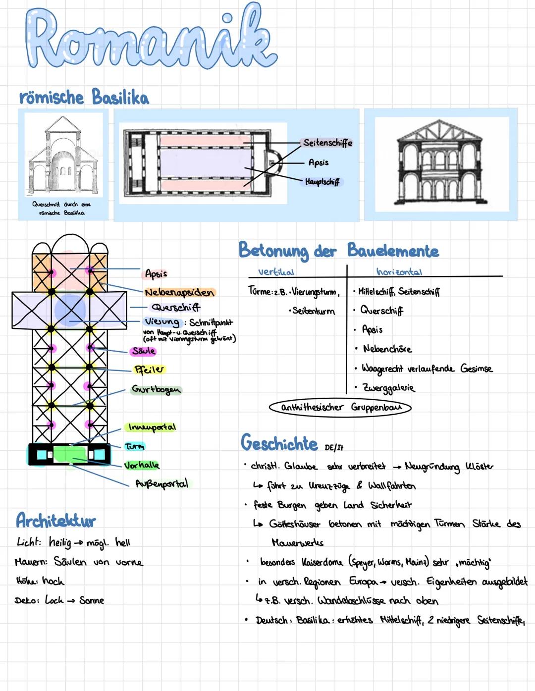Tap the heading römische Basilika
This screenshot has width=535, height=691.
click(84, 97)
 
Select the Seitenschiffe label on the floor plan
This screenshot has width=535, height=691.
click(327, 143)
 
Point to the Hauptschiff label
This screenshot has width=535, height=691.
click(322, 182)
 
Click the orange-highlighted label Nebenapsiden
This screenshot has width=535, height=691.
click(180, 292)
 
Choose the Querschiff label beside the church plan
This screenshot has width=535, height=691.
click(176, 307)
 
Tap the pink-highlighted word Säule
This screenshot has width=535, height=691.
click(144, 351)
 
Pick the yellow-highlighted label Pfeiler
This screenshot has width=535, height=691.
click(149, 370)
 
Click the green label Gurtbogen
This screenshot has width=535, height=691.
click(156, 389)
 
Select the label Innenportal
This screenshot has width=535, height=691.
click(152, 427)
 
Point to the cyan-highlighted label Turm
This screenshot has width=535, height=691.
click(135, 447)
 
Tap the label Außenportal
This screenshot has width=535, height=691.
click(161, 483)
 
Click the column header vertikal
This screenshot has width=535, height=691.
click(276, 272)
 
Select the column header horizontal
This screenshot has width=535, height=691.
click(399, 272)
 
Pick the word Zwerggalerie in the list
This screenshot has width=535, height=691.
click(388, 388)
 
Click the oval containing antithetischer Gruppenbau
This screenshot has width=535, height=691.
click(340, 408)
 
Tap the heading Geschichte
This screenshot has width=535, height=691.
click(279, 443)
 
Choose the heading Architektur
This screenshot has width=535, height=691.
click(56, 521)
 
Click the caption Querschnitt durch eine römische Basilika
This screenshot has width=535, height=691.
click(62, 208)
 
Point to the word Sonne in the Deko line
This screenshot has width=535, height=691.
click(92, 600)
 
